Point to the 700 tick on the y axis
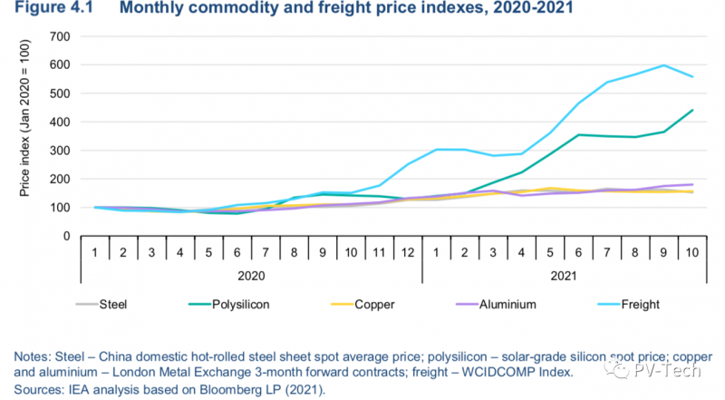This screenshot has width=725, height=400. pyautogui.click(x=62, y=36)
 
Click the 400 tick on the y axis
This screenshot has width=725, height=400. pyautogui.click(x=62, y=122)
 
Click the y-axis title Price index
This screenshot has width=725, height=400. pyautogui.click(x=24, y=137)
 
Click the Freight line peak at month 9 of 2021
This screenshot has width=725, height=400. pyautogui.click(x=665, y=65)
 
